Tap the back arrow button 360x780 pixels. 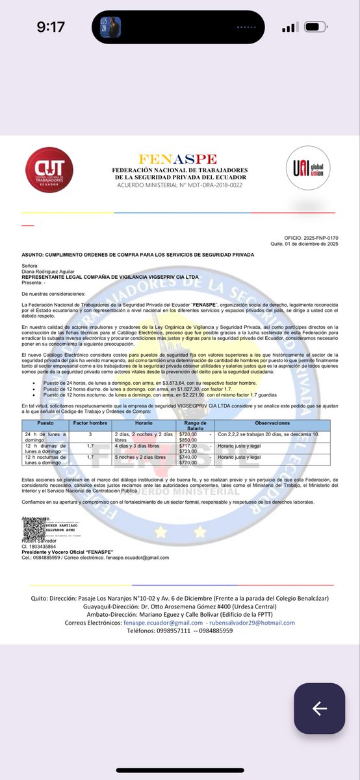pyautogui.click(x=318, y=708)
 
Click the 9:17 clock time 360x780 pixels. pyautogui.click(x=51, y=27)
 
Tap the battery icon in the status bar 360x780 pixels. pyautogui.click(x=323, y=28)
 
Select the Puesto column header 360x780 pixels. pyautogui.click(x=45, y=422)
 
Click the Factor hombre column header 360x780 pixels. pyautogui.click(x=88, y=422)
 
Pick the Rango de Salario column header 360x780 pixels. pyautogui.click(x=194, y=425)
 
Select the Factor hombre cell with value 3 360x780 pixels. pyautogui.click(x=88, y=433)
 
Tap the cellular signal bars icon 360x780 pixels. pyautogui.click(x=289, y=28)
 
